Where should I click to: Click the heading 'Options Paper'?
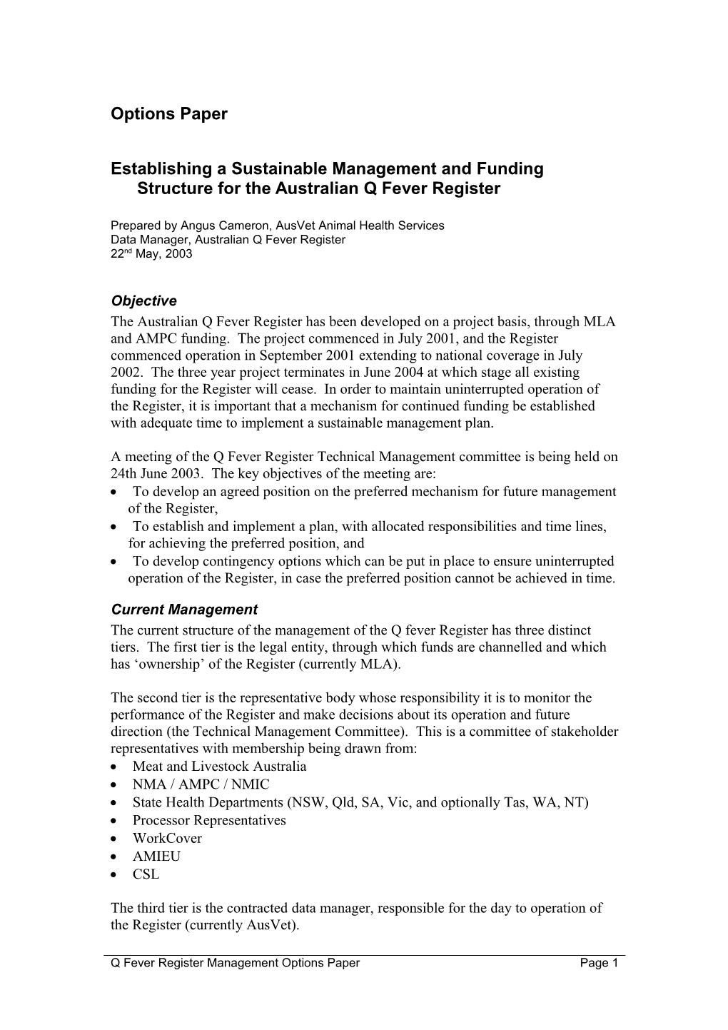click(x=169, y=114)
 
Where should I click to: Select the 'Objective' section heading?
click(x=143, y=301)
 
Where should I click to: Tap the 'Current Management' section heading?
click(x=184, y=610)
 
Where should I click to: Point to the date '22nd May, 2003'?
click(x=151, y=254)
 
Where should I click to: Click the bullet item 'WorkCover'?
click(x=167, y=838)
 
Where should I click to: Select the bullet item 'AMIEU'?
click(x=156, y=856)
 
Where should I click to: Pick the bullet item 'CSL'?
click(x=146, y=874)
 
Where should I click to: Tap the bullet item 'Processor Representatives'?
click(x=209, y=820)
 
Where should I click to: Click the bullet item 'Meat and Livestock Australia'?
click(x=219, y=766)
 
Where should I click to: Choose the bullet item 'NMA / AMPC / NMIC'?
click(x=201, y=784)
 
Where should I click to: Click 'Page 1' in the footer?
click(x=599, y=963)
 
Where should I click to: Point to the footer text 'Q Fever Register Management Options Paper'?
click(x=235, y=963)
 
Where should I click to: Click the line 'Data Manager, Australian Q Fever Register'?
click(x=228, y=240)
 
